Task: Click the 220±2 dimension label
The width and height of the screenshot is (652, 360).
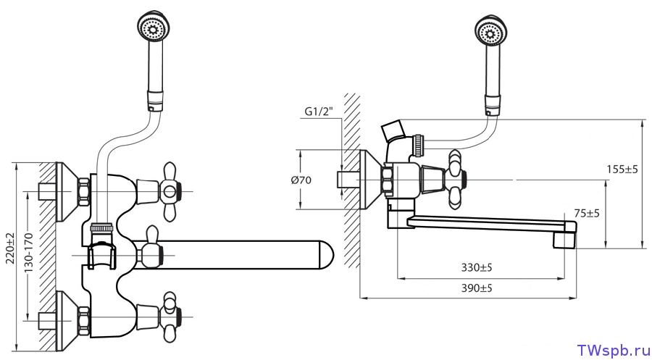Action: pos(10,248)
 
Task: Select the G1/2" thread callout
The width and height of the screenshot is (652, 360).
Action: pos(319,112)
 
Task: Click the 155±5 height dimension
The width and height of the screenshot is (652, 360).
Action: pos(622,169)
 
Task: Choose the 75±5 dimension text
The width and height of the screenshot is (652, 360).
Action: pos(587,214)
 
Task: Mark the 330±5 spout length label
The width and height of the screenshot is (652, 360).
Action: pos(477,268)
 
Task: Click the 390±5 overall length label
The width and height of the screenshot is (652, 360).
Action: pos(477,288)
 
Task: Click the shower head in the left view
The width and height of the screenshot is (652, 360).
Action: pos(154,28)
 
